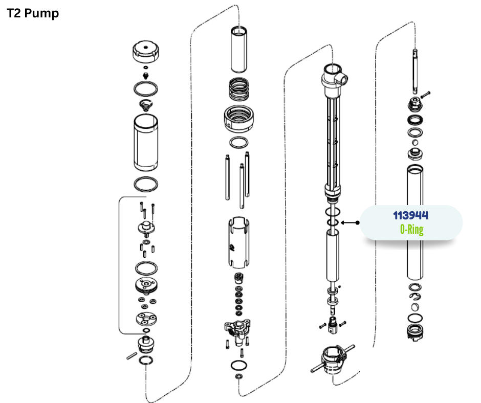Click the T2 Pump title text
33,13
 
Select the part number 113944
411,216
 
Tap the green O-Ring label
412,230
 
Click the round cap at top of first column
146,52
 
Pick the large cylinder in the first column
146,143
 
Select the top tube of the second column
238,50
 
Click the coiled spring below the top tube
238,89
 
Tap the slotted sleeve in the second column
238,242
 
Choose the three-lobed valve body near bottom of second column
237,330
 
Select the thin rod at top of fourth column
415,71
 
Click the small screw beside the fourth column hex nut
425,95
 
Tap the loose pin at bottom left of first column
132,356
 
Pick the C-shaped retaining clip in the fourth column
415,296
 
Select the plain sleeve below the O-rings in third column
333,256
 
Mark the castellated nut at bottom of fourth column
416,332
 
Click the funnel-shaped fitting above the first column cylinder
145,105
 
